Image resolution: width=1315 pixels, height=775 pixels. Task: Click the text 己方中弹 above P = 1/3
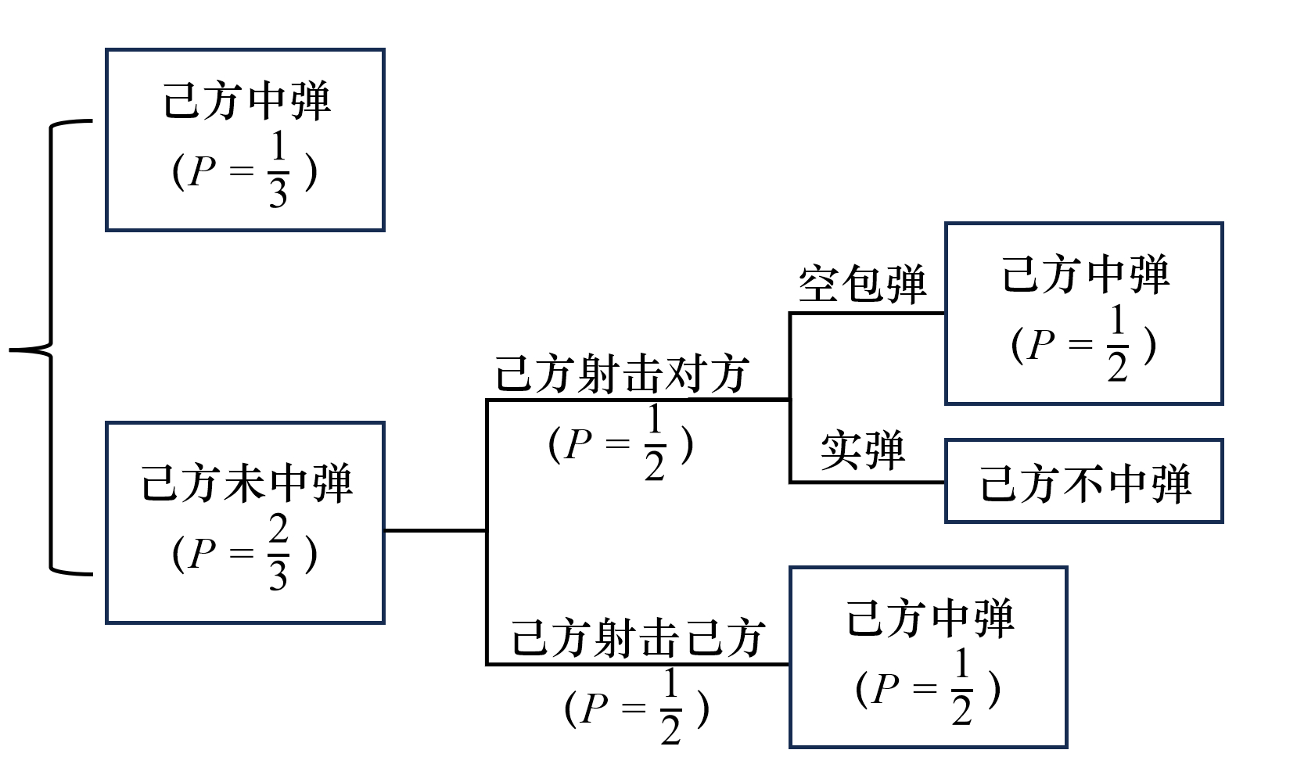(246, 102)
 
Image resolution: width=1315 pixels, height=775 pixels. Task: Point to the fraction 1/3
(278, 170)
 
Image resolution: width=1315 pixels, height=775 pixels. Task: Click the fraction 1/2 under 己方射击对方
(655, 443)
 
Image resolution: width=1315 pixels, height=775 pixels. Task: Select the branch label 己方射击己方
(638, 637)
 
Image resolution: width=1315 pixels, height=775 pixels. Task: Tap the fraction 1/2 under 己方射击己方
(670, 708)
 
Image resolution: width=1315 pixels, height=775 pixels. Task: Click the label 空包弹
(862, 284)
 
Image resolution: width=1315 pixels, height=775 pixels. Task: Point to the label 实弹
(862, 450)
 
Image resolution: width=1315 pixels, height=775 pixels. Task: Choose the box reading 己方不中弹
(1083, 480)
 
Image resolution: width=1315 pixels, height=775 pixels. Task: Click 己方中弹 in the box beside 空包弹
(1086, 274)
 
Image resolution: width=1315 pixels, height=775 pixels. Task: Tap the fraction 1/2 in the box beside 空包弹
(1117, 343)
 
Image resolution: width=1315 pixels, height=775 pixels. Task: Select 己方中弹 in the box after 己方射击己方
(930, 619)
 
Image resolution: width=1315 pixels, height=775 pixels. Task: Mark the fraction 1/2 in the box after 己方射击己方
(961, 687)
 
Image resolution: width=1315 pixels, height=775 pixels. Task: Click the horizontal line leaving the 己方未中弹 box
(436, 530)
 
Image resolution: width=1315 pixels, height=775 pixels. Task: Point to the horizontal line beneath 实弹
(868, 483)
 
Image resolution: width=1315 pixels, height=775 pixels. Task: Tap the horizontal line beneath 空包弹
(868, 314)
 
